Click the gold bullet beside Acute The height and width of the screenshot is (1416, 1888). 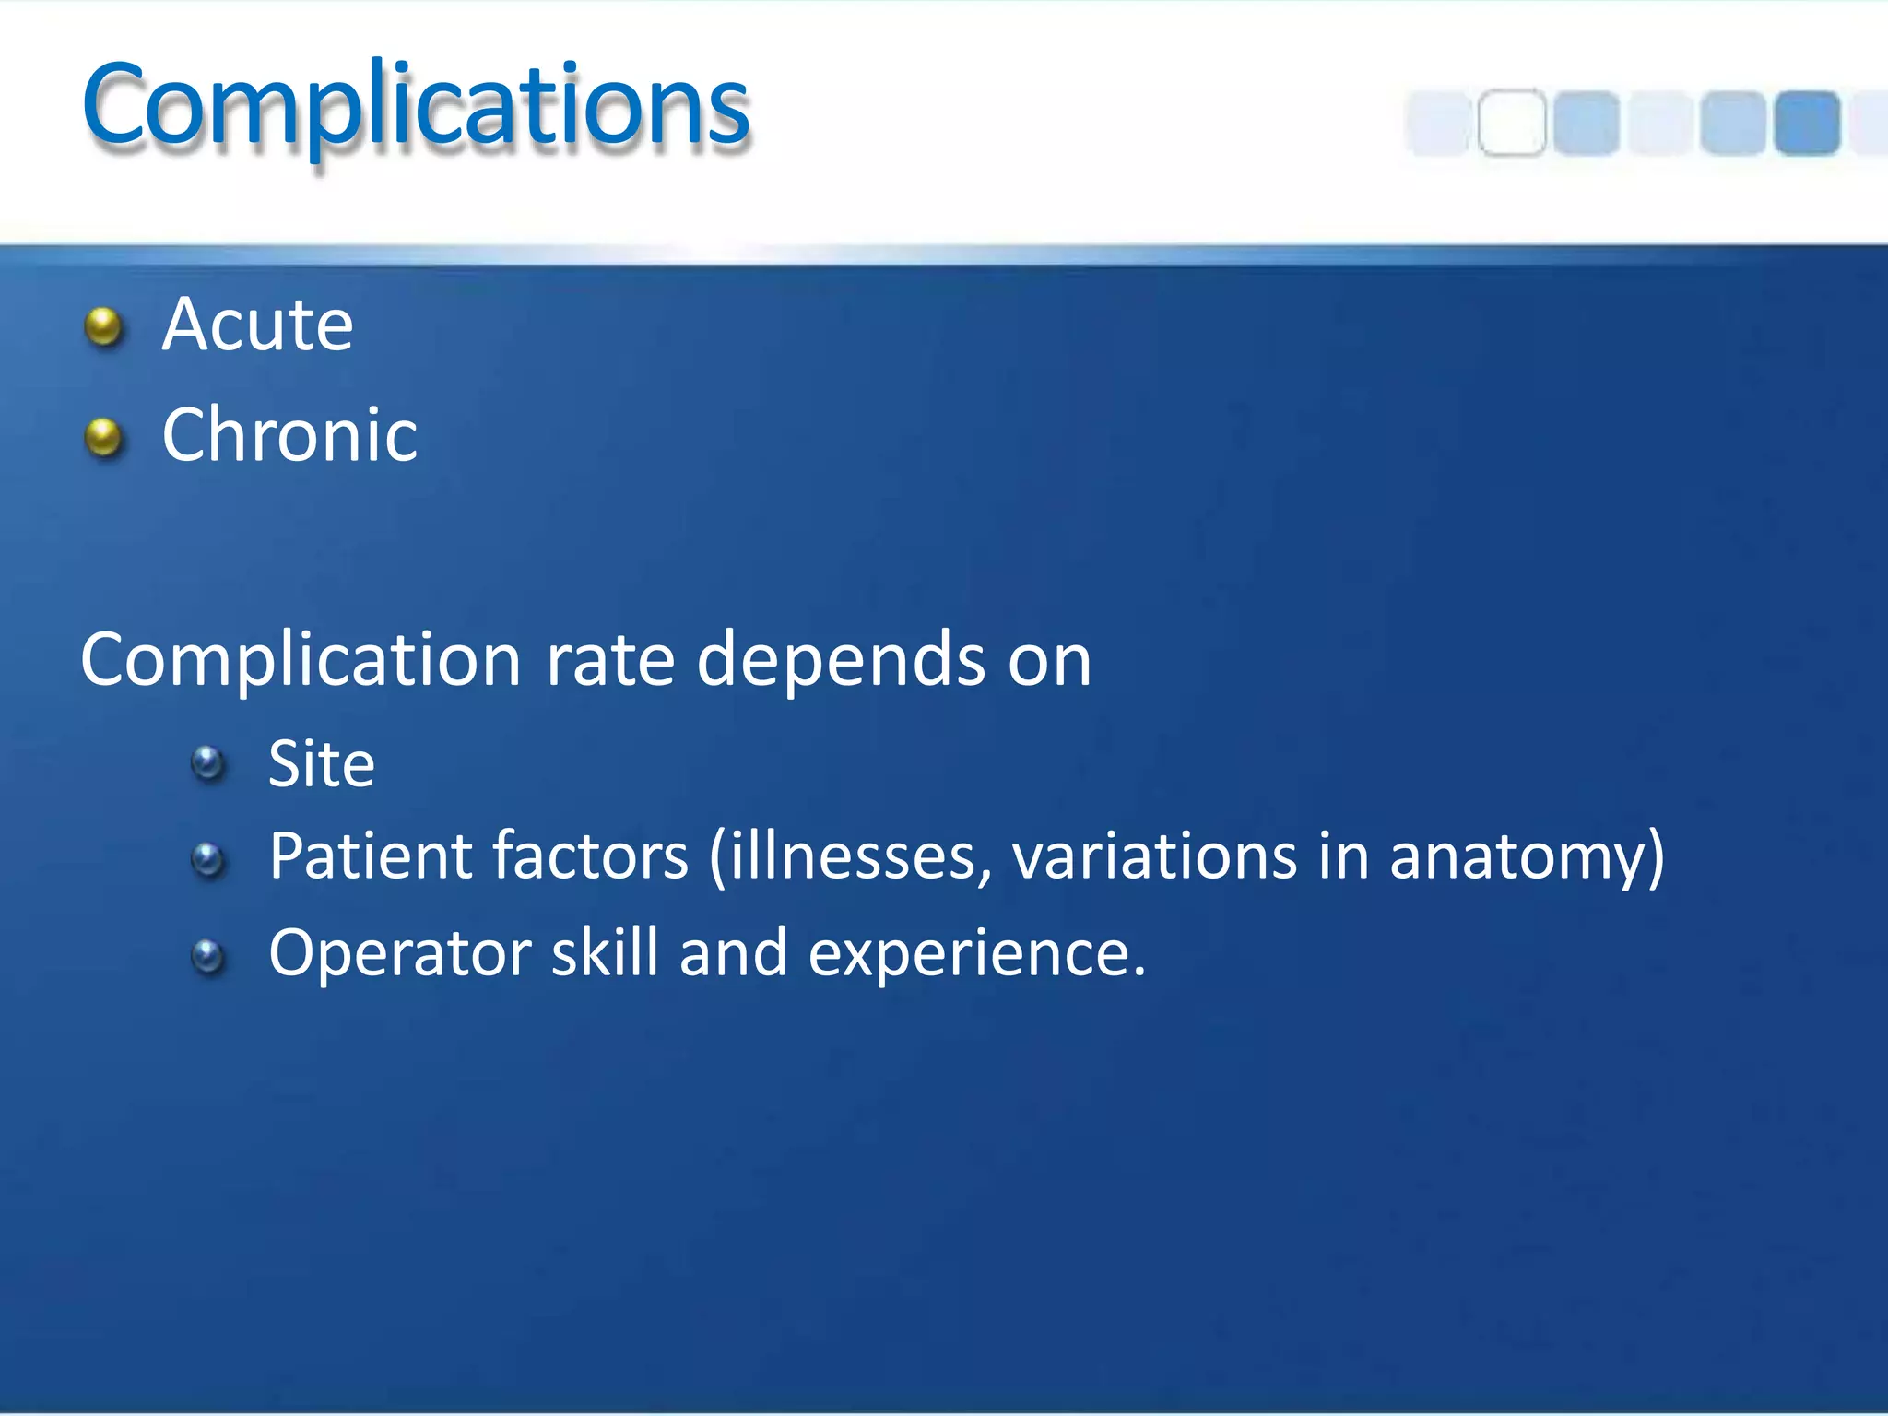click(x=103, y=326)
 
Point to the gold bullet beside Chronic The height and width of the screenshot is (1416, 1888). click(x=103, y=437)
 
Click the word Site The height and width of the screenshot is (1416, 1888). click(x=321, y=764)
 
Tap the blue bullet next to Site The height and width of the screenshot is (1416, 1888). click(x=208, y=763)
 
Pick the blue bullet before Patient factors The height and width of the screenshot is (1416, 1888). click(x=208, y=860)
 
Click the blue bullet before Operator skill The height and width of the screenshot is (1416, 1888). click(x=208, y=956)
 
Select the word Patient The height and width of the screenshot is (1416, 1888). click(x=370, y=856)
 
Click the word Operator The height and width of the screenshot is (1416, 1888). click(x=400, y=953)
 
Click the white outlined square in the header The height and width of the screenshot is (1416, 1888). click(x=1512, y=123)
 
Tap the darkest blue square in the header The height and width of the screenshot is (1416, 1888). click(x=1807, y=123)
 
